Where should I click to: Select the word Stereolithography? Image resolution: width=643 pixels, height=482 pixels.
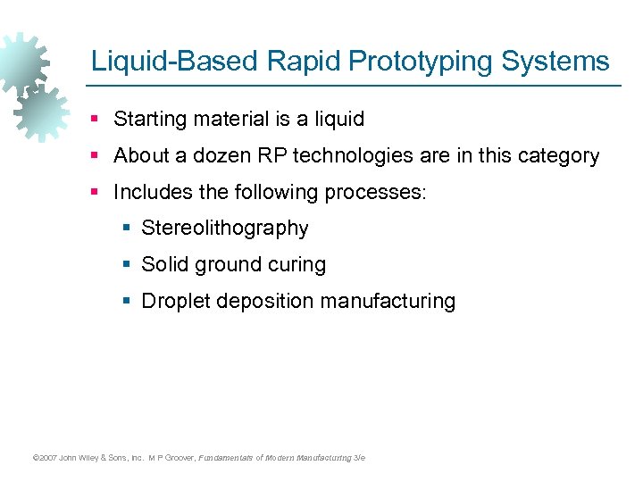click(225, 229)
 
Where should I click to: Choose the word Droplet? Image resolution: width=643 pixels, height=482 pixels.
click(174, 302)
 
